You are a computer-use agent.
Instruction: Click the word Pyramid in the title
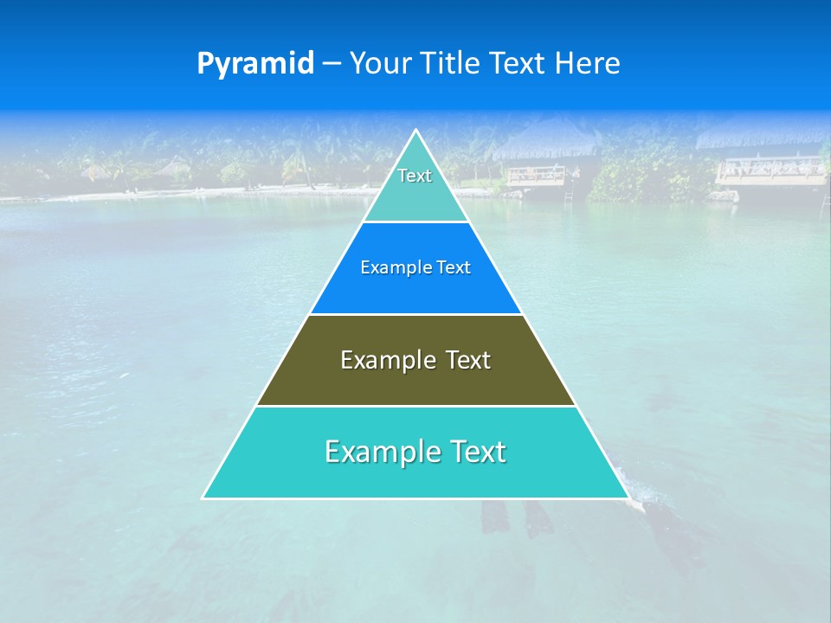click(255, 64)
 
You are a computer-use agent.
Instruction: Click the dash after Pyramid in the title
click(332, 64)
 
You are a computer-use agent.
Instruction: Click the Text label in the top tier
click(415, 176)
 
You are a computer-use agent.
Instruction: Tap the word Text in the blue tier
click(454, 267)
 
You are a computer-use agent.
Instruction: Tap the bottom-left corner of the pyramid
click(203, 498)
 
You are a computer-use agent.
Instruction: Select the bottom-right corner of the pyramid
click(628, 498)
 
